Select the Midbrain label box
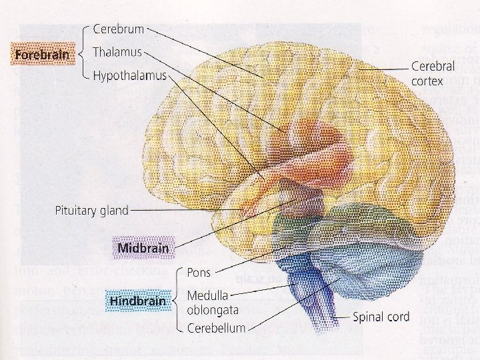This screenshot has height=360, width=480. coord(142,249)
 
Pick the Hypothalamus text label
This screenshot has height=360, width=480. coord(129,76)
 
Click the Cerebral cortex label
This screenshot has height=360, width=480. coord(433,73)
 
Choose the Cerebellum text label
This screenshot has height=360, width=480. coord(216,328)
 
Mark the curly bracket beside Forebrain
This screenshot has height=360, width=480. coord(81,53)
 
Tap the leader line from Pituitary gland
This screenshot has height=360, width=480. coord(187,210)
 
